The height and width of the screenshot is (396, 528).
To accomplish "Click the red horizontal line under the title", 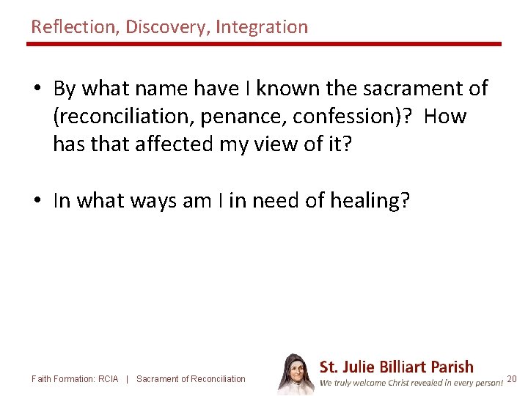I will coord(264,44).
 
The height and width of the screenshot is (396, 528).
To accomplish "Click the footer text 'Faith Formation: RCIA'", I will coord(75,379).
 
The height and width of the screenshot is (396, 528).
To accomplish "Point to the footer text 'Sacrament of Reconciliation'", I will coord(191,379).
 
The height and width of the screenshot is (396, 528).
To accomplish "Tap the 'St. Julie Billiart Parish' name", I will coord(397,367).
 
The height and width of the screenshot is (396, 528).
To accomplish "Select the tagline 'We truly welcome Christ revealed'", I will coord(411,382).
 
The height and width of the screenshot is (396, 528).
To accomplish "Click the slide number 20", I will coord(512,379).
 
